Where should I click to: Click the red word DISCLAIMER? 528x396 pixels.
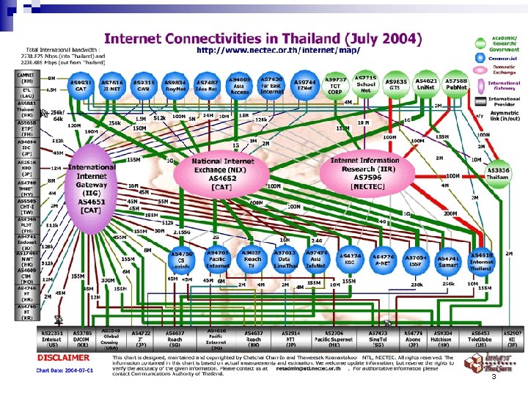click(x=64, y=358)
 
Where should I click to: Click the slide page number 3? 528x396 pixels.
click(x=494, y=376)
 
